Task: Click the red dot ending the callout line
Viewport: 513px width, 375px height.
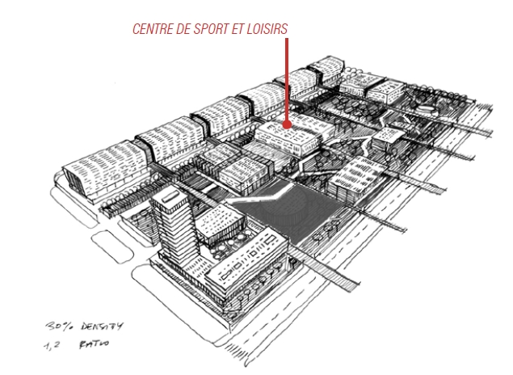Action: point(287,124)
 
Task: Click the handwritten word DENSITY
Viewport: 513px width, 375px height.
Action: point(102,327)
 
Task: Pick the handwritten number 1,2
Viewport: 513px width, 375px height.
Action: point(52,346)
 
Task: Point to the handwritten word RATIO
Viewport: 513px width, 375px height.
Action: point(95,344)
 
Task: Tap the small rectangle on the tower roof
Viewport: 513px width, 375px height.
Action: point(170,196)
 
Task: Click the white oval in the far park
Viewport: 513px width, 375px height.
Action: point(427,109)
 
